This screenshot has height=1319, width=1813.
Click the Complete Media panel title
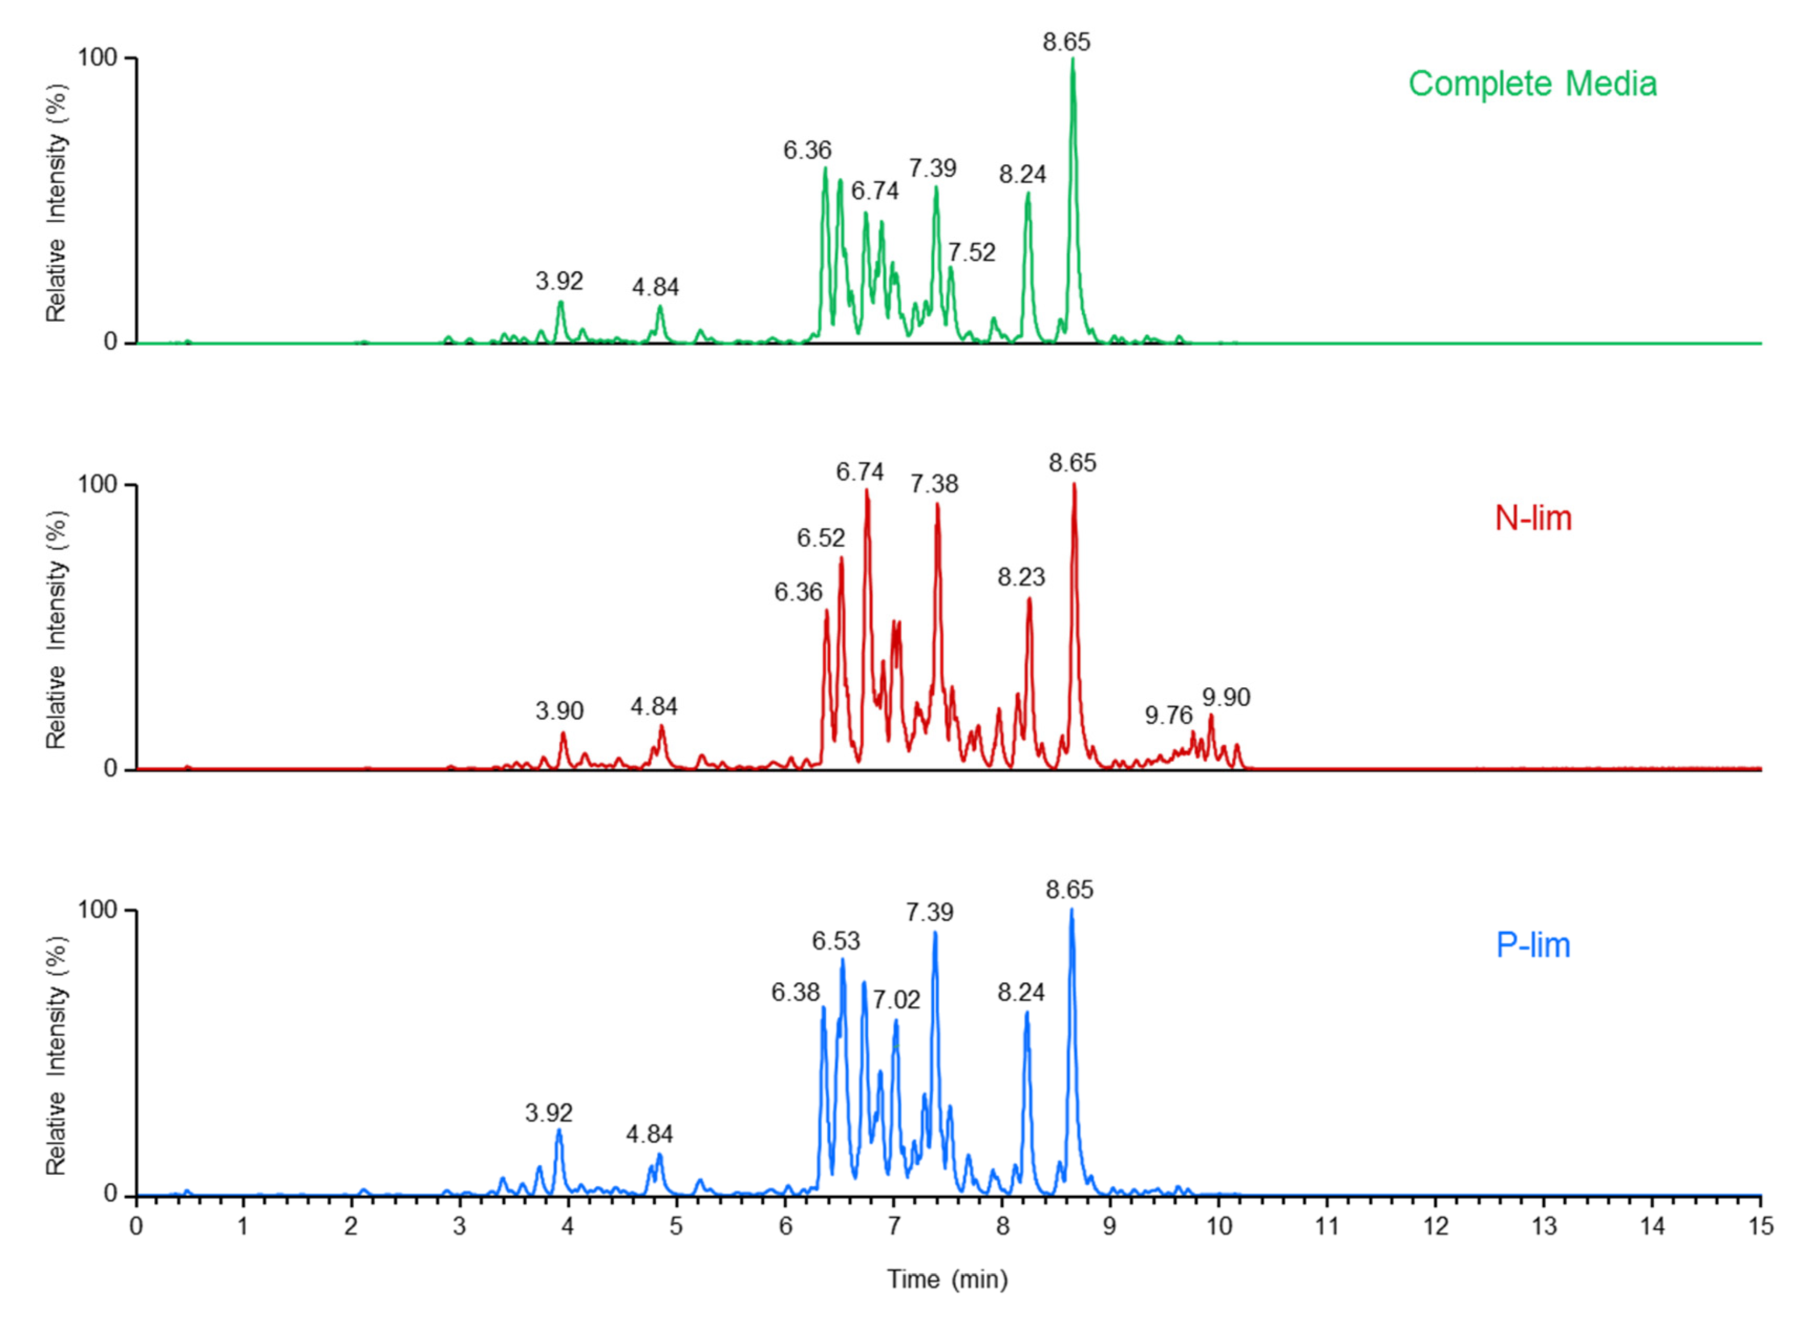(1532, 84)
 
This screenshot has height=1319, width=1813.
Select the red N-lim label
(1532, 519)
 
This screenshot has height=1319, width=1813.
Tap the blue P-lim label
(1532, 945)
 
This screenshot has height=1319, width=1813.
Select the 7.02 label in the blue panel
(896, 999)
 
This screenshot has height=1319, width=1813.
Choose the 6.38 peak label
(795, 992)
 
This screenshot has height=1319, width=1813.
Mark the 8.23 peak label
(1021, 577)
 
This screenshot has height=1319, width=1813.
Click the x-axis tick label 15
(1760, 1226)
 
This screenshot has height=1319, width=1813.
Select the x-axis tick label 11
(1327, 1226)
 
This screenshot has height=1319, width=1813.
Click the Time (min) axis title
(947, 1279)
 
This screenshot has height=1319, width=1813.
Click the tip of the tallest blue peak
(1071, 910)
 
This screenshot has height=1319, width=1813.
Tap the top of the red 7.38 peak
(937, 504)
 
